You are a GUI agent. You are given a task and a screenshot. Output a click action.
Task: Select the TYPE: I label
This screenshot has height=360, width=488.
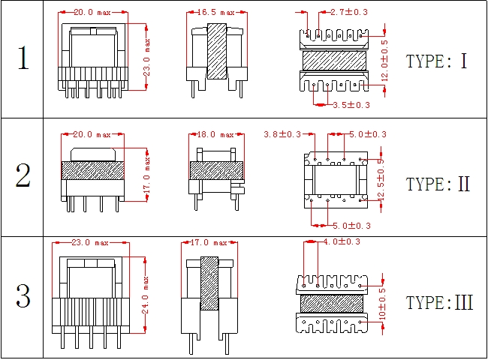pyautogui.click(x=436, y=61)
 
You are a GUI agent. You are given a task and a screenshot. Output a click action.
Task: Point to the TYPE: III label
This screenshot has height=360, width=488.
pyautogui.click(x=439, y=303)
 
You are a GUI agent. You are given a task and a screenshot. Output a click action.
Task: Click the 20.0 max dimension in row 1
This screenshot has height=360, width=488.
pyautogui.click(x=92, y=12)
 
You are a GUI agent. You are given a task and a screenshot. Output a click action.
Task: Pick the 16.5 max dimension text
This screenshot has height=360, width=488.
pyautogui.click(x=216, y=12)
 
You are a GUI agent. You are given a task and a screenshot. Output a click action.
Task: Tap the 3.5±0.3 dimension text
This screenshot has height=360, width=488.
pyautogui.click(x=351, y=105)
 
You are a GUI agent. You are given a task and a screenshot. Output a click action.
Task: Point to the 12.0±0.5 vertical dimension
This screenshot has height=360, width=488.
pyautogui.click(x=384, y=59)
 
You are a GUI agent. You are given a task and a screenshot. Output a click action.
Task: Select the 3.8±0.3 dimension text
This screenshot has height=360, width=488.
pyautogui.click(x=282, y=134)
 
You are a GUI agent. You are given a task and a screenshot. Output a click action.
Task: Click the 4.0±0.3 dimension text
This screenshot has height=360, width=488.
pyautogui.click(x=342, y=241)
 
